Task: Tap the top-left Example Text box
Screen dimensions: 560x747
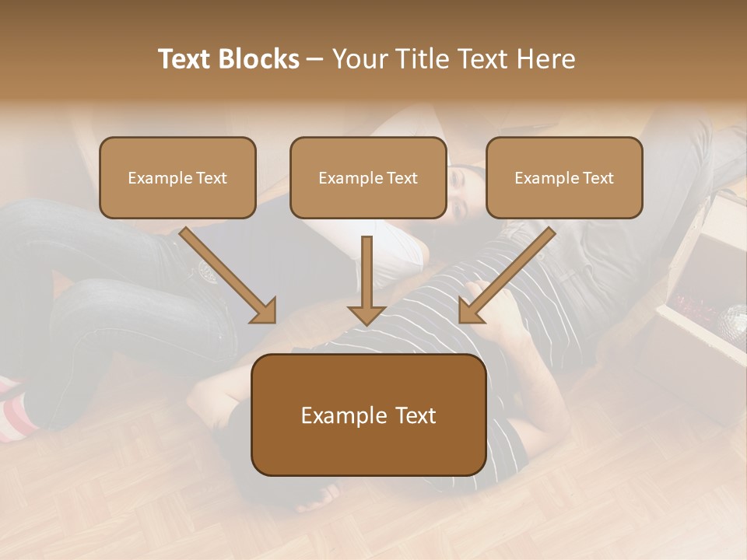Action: point(177,177)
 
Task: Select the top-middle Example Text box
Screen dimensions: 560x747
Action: point(368,177)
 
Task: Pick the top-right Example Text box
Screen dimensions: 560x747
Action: point(564,177)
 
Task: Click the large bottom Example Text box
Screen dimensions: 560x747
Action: point(368,415)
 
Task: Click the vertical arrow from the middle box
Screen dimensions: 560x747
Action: point(367,276)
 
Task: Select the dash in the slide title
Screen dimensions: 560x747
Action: point(315,59)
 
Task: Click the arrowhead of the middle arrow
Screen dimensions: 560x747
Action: point(367,313)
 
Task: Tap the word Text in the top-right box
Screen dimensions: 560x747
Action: point(598,178)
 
